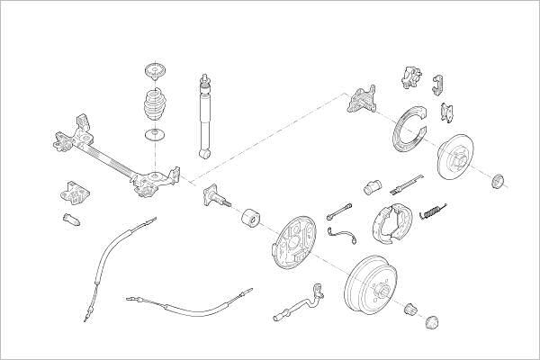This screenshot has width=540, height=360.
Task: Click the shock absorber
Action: tap(205, 116)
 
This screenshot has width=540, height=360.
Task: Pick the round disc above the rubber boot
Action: tap(155, 71)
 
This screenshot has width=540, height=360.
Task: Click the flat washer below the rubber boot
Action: tap(156, 136)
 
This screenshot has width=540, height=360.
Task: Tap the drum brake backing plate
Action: tap(293, 242)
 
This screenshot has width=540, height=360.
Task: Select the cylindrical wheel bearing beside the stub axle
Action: tap(249, 219)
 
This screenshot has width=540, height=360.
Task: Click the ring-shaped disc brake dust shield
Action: tap(409, 131)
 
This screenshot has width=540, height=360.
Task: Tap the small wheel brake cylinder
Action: tap(371, 188)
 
